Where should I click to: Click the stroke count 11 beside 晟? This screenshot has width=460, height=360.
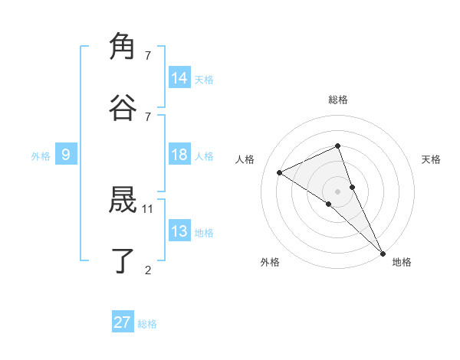148,208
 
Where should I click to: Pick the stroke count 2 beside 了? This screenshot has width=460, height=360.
148,269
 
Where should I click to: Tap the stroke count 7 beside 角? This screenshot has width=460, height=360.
148,56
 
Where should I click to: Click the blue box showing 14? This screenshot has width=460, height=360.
179,78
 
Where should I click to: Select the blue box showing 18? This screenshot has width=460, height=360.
179,155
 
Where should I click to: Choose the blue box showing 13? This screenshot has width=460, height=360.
179,231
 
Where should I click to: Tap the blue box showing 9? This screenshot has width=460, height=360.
66,155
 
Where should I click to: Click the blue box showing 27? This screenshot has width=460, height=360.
123,322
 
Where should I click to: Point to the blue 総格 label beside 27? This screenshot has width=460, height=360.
148,324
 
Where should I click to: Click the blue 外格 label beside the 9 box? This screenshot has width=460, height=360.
41,156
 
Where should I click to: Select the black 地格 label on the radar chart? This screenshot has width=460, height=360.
402,262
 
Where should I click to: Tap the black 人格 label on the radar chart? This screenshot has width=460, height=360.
245,159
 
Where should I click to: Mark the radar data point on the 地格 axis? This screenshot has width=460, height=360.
383,253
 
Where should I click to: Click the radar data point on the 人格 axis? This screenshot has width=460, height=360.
280,172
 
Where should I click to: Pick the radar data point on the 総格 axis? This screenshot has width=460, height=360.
337,146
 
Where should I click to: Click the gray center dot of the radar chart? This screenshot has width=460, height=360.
337,191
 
